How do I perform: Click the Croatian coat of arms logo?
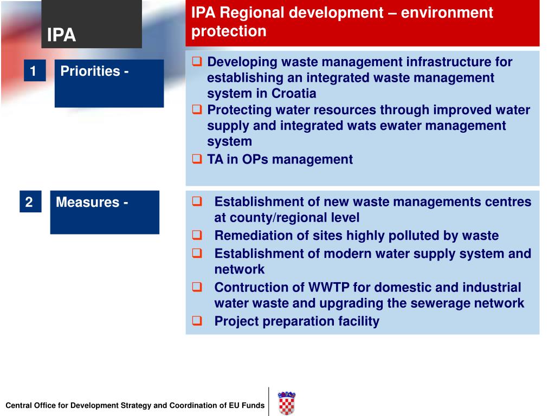[286, 403]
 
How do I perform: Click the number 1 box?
[34, 71]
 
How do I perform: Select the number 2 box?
[29, 202]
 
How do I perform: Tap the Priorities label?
[94, 71]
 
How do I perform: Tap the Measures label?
[92, 202]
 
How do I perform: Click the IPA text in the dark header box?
[61, 36]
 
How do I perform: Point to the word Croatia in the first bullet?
[294, 93]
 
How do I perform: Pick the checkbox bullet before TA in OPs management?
[197, 159]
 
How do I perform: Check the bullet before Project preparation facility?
[197, 321]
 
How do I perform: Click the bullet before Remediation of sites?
[197, 236]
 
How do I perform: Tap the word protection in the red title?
[229, 31]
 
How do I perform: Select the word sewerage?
[437, 303]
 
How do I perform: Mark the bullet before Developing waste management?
[197, 62]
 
